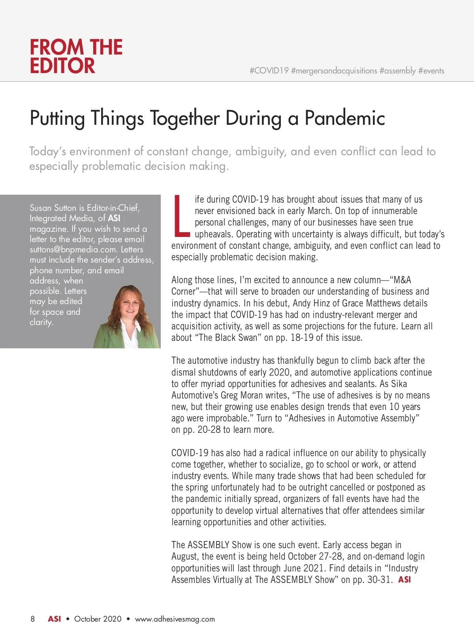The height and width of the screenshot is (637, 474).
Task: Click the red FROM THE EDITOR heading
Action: point(76,56)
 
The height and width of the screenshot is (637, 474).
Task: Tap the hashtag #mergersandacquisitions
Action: point(334,71)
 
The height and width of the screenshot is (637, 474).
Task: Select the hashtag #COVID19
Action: point(269,71)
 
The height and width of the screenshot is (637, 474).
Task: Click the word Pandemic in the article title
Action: point(344,118)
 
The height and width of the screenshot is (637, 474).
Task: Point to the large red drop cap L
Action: point(181,216)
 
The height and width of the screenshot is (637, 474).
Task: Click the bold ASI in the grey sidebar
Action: point(114,218)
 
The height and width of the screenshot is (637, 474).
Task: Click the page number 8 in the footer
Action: point(33,619)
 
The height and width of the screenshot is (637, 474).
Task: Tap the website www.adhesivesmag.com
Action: point(175,619)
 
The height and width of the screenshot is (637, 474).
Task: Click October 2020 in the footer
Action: point(98,619)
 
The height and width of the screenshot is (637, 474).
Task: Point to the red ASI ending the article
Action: point(404,580)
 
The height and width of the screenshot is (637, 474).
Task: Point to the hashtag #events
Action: point(431,71)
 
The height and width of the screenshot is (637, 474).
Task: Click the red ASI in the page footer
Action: point(54,619)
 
